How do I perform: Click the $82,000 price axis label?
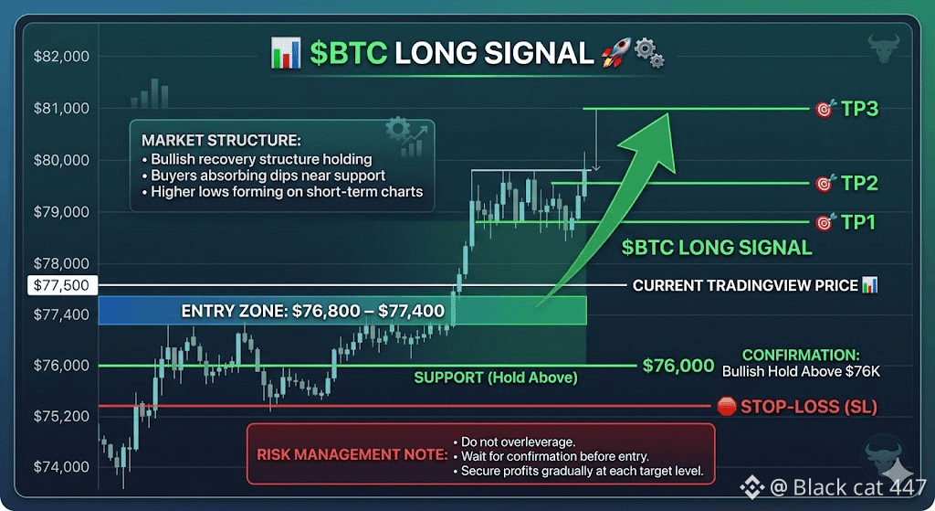pos(61,56)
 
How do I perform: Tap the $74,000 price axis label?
pos(61,466)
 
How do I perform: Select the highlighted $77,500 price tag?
pos(62,285)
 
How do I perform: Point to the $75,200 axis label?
pos(61,416)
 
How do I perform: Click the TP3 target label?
pos(859,109)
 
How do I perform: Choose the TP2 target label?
pos(859,183)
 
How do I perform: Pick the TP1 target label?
pos(858,222)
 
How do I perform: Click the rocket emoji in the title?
pos(615,53)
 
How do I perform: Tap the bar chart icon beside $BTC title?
pos(286,53)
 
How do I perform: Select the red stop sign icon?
pos(726,407)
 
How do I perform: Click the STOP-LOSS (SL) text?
pos(809,407)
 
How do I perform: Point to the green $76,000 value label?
pos(678,366)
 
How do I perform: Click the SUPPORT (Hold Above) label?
pos(496,378)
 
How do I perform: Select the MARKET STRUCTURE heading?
pos(221,140)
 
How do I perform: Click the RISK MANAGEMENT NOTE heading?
pos(352,455)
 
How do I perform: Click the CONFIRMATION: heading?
pos(801,356)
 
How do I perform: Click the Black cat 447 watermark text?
pos(859,488)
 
